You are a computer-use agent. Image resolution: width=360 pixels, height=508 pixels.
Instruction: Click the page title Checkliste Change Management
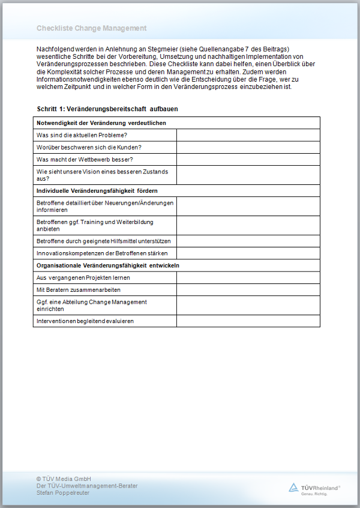pos(91,28)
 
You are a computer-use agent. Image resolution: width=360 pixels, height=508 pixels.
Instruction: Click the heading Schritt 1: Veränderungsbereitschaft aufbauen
pos(107,109)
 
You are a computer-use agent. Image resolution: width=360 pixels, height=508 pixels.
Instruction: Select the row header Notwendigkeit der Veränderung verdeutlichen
pos(101,123)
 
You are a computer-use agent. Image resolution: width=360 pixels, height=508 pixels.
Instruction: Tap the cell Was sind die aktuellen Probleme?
pos(82,135)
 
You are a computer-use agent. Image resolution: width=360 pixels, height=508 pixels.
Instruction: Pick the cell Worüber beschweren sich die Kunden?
pos(89,147)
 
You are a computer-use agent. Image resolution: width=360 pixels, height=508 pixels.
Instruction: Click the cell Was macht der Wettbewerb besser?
pos(85,159)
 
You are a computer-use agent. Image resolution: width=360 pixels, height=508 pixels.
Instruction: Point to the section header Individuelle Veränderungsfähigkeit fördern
pos(97,190)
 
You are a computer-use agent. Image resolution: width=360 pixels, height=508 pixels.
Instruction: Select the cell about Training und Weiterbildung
pos(95,225)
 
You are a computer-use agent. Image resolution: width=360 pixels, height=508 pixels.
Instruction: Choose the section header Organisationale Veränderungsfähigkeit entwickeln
pos(108,265)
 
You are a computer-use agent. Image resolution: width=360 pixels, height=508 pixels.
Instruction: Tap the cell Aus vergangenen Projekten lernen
pos(83,277)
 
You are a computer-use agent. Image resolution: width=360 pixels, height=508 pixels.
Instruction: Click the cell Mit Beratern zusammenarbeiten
pos(83,289)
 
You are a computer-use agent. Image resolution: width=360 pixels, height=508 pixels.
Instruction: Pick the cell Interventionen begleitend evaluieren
pos(85,321)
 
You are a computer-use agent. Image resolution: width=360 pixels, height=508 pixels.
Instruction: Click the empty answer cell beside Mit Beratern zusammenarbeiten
pos(248,289)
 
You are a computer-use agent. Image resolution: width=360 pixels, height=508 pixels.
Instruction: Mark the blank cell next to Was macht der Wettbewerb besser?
pos(248,159)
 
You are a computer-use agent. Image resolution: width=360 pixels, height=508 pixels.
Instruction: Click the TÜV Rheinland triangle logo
pos(294,487)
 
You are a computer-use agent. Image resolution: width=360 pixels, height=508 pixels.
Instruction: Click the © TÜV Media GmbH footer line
pos(64,478)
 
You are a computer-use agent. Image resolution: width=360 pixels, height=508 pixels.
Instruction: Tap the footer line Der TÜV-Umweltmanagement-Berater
pos(87,485)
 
